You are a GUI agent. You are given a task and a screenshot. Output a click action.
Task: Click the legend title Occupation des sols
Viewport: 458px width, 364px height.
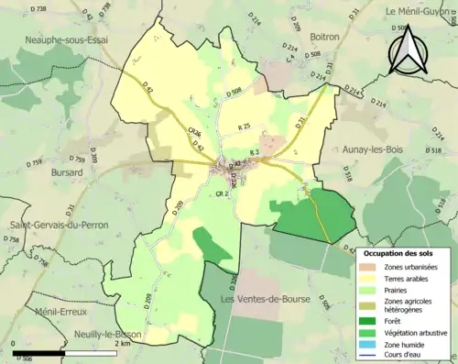(404, 252)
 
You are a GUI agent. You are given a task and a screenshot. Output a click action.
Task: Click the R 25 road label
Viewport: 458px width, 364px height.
(244, 127)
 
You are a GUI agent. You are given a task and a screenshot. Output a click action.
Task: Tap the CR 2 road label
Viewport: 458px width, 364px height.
(221, 194)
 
